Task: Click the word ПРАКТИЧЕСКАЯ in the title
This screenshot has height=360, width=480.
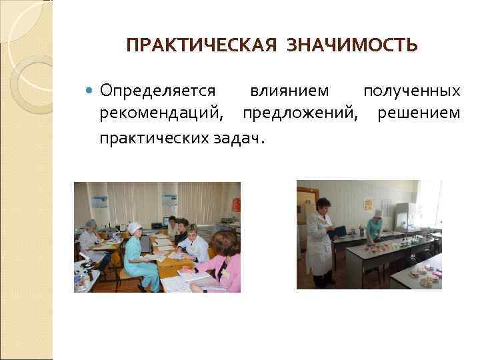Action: [199, 46]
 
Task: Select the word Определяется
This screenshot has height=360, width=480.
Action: [157, 91]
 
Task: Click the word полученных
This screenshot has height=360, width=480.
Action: [411, 91]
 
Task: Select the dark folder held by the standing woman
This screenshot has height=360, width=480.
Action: [339, 231]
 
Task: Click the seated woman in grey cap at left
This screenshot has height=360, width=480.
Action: [91, 237]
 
